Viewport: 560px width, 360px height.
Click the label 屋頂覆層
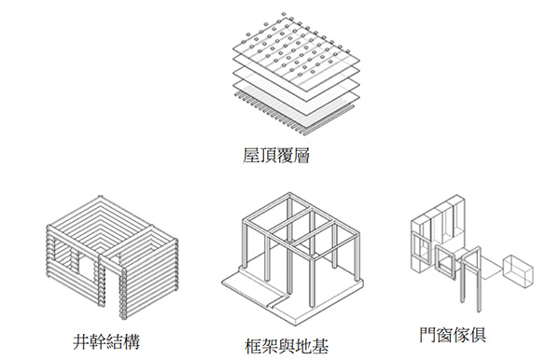(275, 156)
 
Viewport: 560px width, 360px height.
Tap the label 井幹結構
(106, 341)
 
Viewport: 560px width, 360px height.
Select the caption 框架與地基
(287, 346)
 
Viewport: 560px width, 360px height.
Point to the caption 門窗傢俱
(453, 335)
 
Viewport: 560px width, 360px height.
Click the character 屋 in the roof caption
(251, 156)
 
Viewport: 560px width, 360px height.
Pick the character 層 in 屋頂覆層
(301, 156)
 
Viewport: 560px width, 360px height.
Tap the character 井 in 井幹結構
(81, 341)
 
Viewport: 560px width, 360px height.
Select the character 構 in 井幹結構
(132, 341)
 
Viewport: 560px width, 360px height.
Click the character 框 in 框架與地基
(253, 346)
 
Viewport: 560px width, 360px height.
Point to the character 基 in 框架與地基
(321, 346)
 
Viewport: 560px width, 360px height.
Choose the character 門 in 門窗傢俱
(427, 335)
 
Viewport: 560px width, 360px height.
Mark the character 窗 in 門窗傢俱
(444, 335)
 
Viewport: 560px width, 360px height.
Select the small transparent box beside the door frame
(517, 270)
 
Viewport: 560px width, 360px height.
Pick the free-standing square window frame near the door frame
(445, 262)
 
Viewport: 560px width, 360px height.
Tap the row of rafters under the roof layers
(294, 114)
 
